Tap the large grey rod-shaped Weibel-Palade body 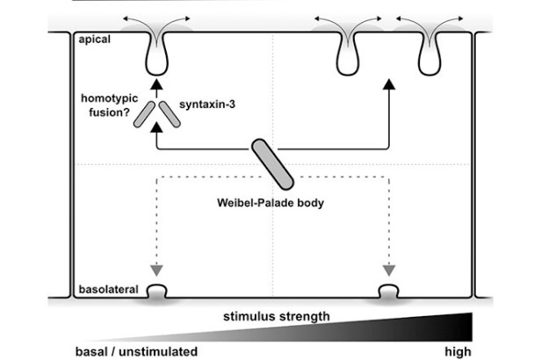270,163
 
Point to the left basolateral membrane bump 158,290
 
